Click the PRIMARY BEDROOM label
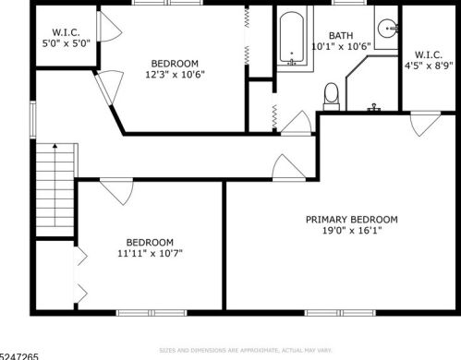[352, 220]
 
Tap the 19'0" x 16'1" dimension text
[352, 230]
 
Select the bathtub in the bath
[292, 39]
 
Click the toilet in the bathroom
[332, 96]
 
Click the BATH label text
[341, 36]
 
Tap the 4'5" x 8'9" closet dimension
[429, 66]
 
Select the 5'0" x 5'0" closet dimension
[66, 43]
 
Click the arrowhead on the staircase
[55, 146]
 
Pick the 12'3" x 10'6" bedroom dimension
[175, 75]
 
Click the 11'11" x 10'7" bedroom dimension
[150, 253]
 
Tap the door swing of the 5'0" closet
[109, 27]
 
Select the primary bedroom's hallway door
[288, 167]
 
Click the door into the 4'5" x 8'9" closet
[425, 124]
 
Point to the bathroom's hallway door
[297, 123]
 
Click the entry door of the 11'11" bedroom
[116, 191]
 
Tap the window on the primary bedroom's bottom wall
[340, 313]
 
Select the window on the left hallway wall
[32, 119]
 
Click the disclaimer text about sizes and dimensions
[246, 350]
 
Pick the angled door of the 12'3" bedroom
[108, 87]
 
